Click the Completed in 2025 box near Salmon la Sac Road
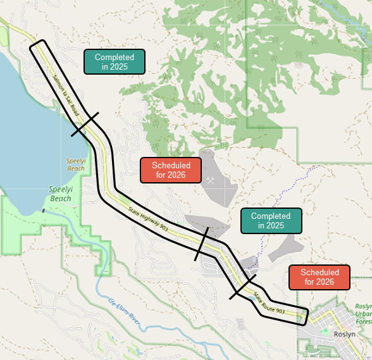click(115, 61)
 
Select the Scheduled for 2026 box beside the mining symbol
click(170, 170)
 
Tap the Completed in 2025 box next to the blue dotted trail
click(271, 221)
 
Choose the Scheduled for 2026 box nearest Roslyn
click(319, 277)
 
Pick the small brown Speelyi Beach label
click(75, 164)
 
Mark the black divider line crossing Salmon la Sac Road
click(85, 125)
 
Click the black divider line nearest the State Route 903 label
click(242, 286)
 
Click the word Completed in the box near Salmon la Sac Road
click(115, 57)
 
